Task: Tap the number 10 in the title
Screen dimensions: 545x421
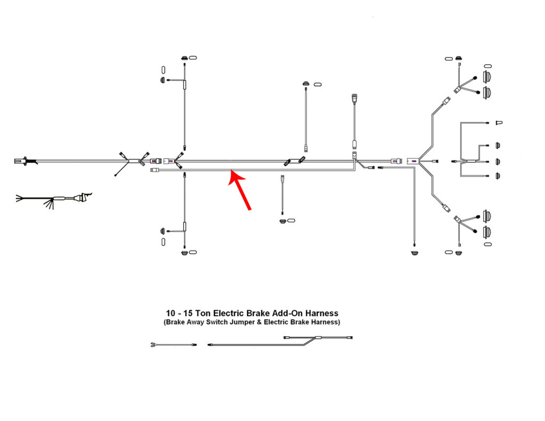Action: point(170,313)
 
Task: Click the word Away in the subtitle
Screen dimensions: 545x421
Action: point(195,322)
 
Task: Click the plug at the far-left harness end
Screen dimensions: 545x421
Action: point(21,161)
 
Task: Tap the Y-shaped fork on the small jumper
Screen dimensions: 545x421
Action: point(154,345)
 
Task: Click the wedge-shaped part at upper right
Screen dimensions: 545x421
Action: point(499,123)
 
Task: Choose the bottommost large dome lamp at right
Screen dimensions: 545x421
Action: point(487,232)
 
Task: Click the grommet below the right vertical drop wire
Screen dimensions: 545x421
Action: point(414,252)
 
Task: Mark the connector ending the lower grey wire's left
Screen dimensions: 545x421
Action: point(154,170)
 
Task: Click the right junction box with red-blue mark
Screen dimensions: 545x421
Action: point(413,161)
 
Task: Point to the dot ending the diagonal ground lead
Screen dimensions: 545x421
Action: point(115,175)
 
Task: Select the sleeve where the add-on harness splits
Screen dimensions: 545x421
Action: point(318,337)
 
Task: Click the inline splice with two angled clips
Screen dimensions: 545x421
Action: point(295,161)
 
